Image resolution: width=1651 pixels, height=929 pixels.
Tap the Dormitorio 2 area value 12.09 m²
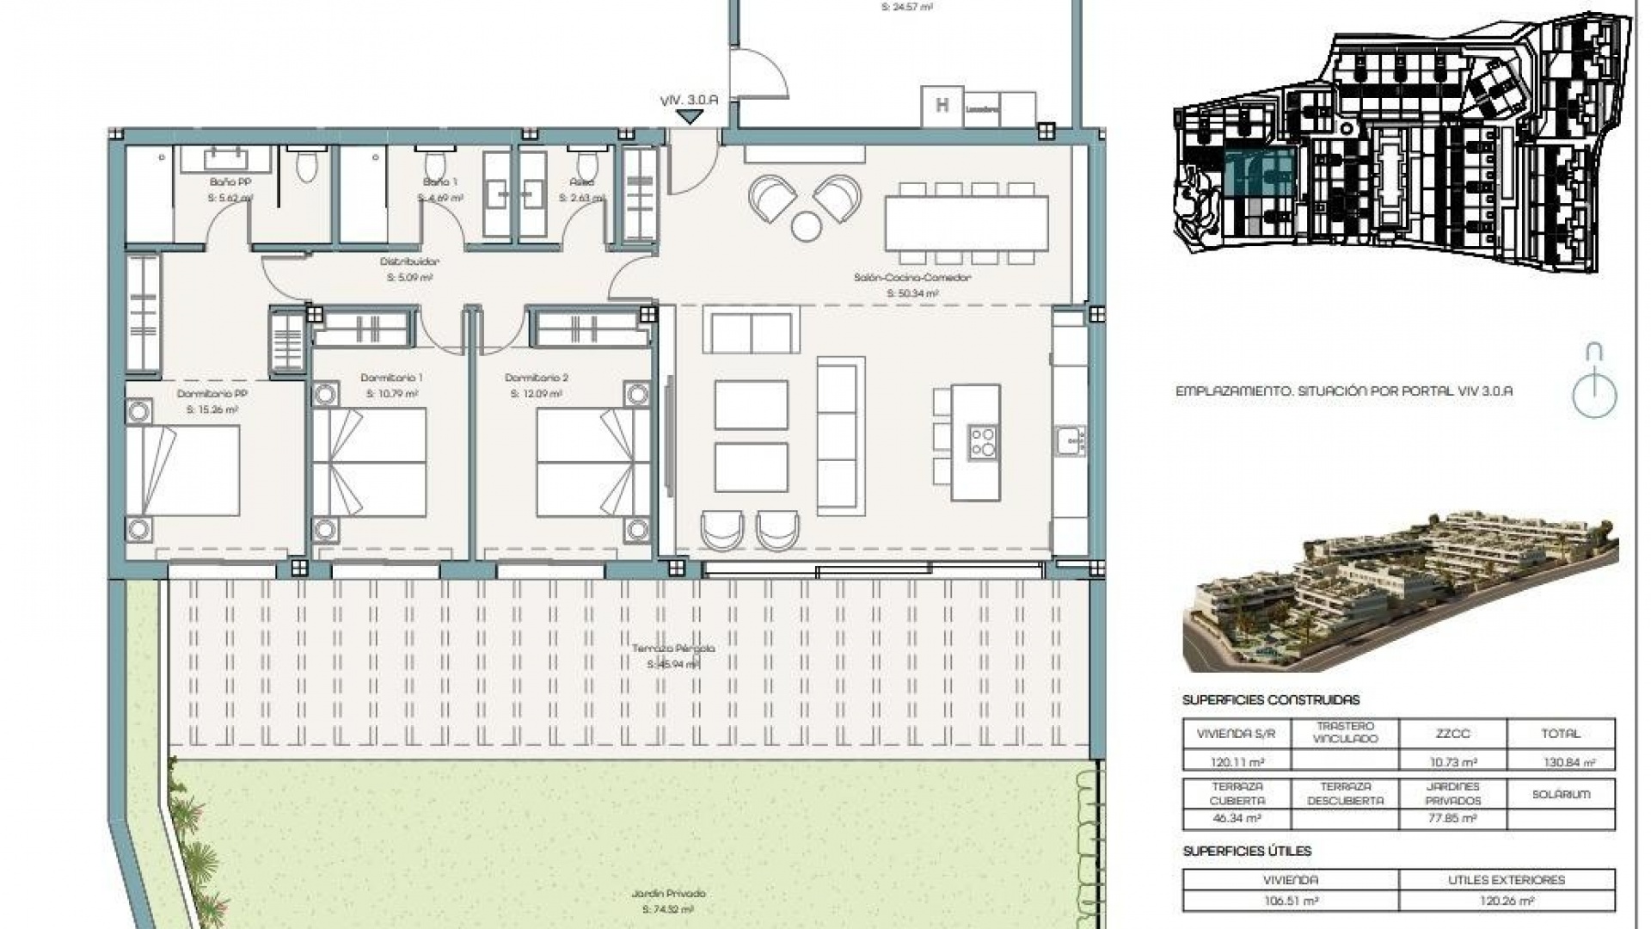pos(536,394)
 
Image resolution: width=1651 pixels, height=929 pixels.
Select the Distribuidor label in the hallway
pos(409,261)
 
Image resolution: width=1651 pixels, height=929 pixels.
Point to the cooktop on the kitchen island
pos(983,441)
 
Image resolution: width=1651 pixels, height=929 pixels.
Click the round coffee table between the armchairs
pos(806,226)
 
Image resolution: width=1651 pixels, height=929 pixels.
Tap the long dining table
pos(967,223)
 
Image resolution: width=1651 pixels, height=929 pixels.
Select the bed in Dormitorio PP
pos(182,471)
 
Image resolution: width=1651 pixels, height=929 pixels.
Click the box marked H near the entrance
pos(942,107)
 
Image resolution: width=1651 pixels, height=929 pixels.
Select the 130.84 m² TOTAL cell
pos(1560,761)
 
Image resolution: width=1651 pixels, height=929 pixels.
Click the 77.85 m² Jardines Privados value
pos(1452,819)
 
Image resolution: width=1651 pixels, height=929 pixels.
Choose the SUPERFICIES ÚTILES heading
pos(1247,851)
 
